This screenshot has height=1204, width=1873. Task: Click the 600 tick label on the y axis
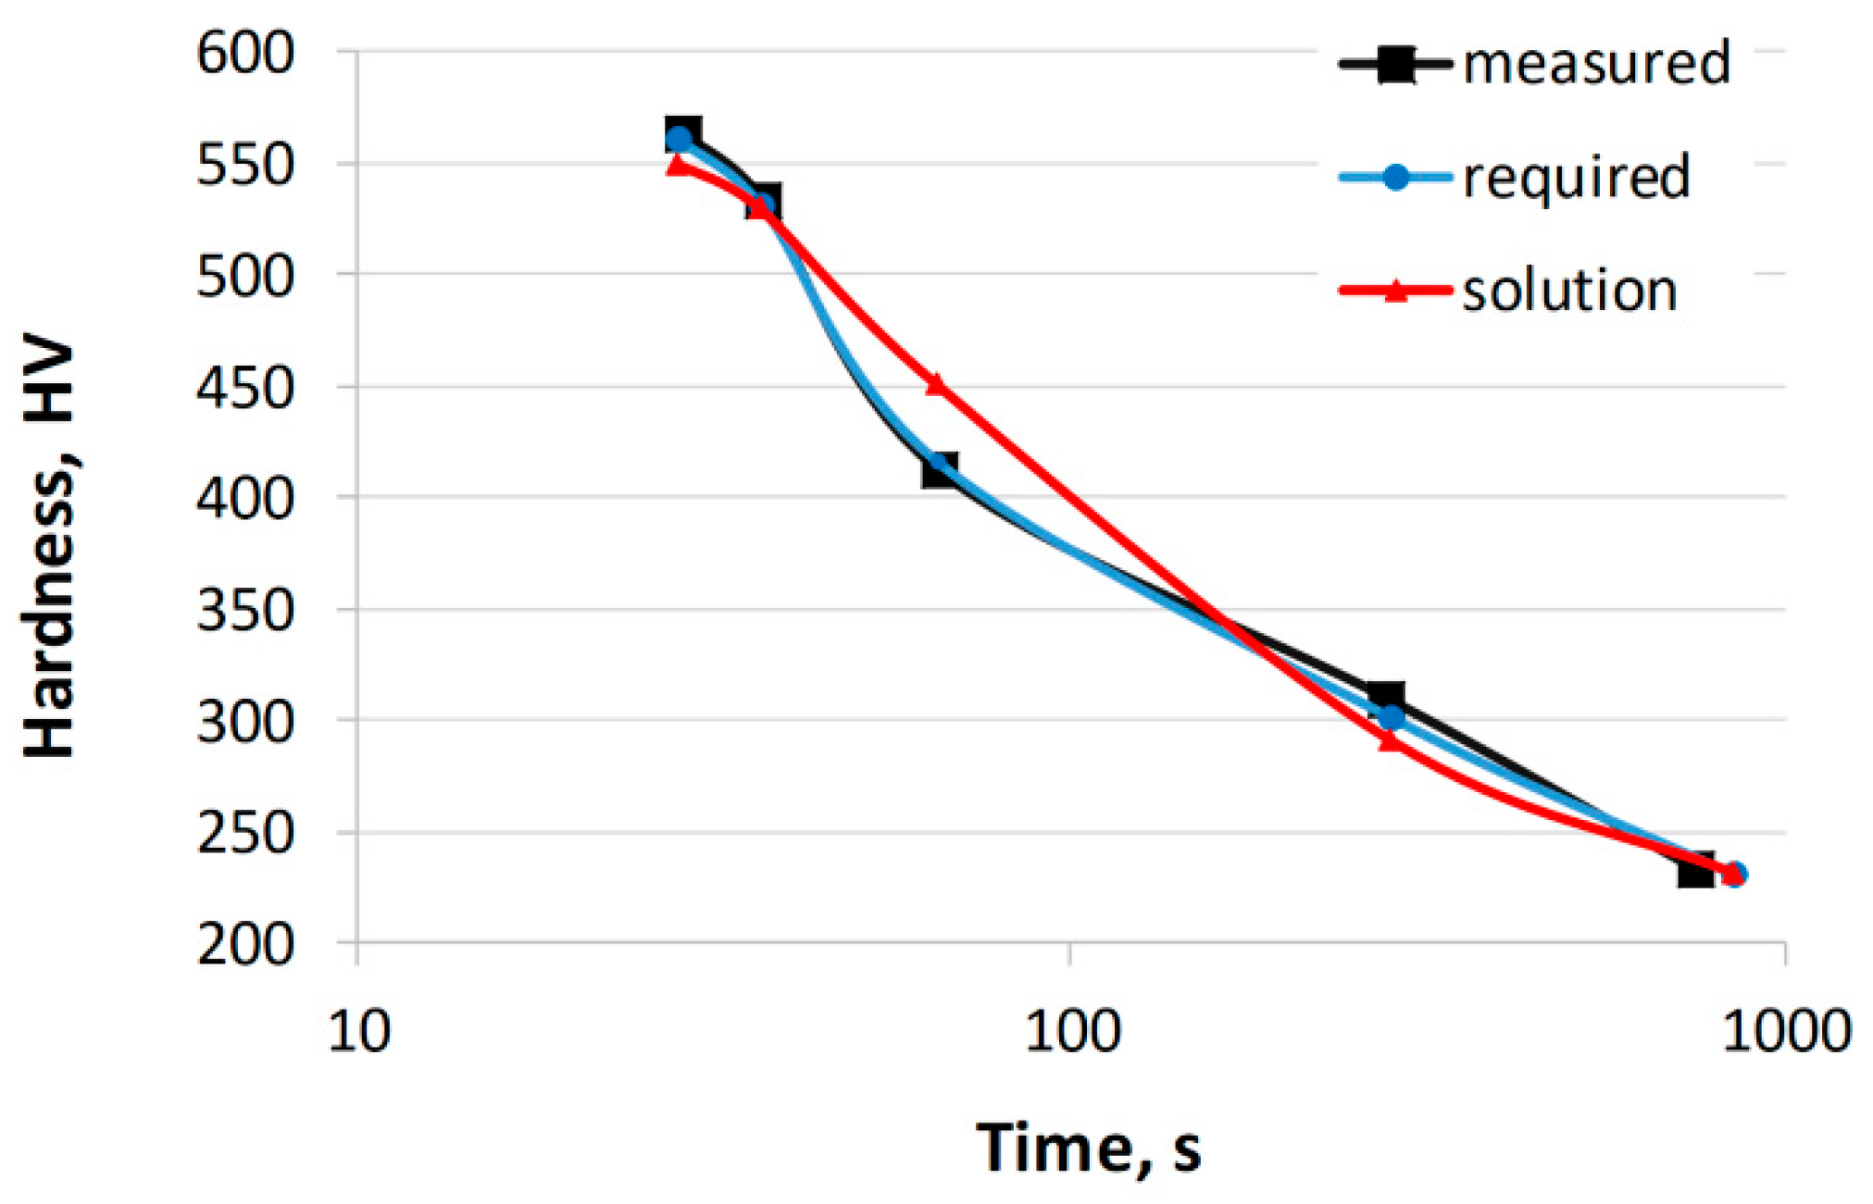click(x=244, y=53)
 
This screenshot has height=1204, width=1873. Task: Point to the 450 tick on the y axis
click(x=244, y=388)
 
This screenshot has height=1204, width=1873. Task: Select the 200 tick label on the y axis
click(x=244, y=945)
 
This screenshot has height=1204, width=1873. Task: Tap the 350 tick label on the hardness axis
click(x=244, y=611)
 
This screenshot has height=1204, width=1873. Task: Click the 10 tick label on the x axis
click(x=359, y=1031)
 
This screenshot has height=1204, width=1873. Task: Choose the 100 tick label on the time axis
click(x=1072, y=1031)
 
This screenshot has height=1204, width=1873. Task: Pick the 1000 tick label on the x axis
click(x=1785, y=1031)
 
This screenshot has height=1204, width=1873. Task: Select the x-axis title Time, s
click(x=1089, y=1148)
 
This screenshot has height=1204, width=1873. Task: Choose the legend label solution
click(x=1569, y=291)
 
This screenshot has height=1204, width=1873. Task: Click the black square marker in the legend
click(x=1395, y=64)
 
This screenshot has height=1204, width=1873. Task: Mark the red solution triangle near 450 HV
click(x=935, y=383)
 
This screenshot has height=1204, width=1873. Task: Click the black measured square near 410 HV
click(x=939, y=470)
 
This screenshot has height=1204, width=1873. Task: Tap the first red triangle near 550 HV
click(x=677, y=165)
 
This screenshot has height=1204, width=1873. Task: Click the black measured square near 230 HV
click(x=1695, y=871)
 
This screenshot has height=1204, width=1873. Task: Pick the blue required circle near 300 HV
click(x=1391, y=717)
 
